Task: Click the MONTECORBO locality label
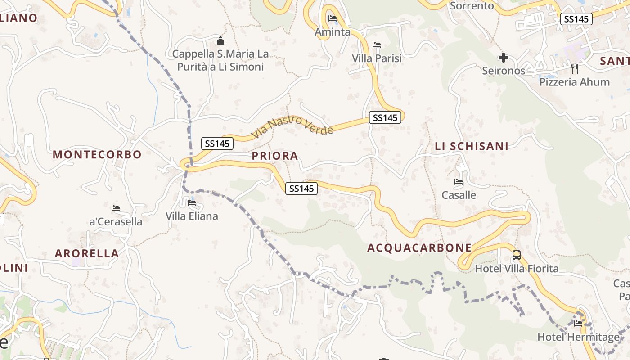[x=97, y=155]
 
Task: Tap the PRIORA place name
[x=275, y=156]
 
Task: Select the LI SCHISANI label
[x=472, y=146]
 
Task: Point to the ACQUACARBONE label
[x=419, y=248]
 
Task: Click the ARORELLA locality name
[x=87, y=253]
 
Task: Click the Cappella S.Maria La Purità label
[x=220, y=60]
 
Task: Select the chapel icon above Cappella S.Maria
[x=220, y=41]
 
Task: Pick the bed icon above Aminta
[x=333, y=18]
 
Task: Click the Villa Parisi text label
[x=377, y=58]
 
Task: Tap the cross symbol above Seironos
[x=504, y=58]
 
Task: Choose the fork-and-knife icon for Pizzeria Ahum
[x=574, y=68]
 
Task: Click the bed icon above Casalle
[x=459, y=182]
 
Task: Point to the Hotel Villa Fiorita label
[x=517, y=269]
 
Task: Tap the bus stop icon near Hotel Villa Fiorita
[x=517, y=255]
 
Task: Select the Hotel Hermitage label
[x=578, y=337]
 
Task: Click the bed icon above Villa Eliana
[x=192, y=203]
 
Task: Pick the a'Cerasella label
[x=116, y=222]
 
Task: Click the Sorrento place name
[x=472, y=6]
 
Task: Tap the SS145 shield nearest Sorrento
[x=576, y=19]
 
